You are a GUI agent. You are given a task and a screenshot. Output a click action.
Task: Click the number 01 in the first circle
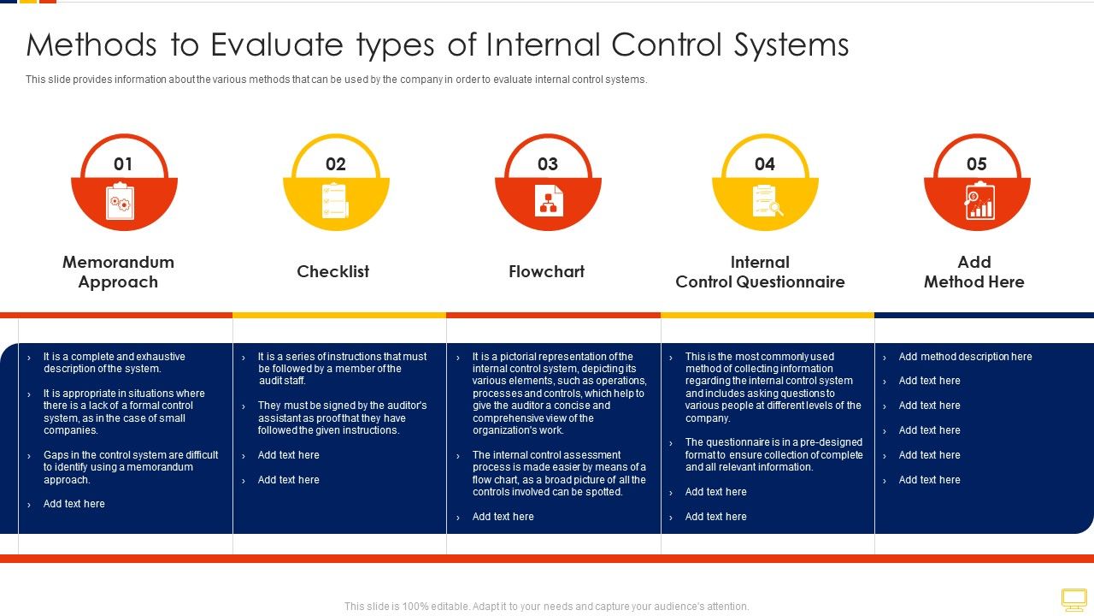[x=123, y=164]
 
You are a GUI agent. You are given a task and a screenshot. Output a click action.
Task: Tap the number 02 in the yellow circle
[x=336, y=164]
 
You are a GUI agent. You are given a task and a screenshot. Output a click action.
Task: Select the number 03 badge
[x=548, y=164]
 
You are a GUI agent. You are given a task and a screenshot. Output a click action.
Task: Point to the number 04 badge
[x=765, y=164]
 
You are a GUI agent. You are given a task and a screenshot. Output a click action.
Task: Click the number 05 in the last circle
[x=977, y=164]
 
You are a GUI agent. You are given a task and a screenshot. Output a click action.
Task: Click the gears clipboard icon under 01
[x=119, y=203]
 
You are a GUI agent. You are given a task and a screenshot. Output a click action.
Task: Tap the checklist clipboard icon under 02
[x=333, y=200]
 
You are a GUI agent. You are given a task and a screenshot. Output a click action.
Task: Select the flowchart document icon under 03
[x=549, y=201]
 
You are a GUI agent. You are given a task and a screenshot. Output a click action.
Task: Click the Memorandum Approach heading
[x=118, y=272]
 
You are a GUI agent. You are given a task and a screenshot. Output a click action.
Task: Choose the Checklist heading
[x=333, y=272]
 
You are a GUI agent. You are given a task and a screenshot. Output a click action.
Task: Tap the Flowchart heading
[x=547, y=272]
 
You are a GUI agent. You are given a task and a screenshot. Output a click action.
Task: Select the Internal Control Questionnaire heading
[x=760, y=272]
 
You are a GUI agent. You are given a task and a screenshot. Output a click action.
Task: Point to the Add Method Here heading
[x=973, y=272]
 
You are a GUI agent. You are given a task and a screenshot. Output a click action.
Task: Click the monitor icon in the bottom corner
[x=1073, y=599]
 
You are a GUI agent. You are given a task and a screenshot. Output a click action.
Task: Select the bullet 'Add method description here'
[x=965, y=357]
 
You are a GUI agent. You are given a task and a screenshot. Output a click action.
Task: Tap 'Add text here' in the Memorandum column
[x=74, y=504]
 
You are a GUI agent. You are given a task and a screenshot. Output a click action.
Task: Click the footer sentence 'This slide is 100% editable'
[x=547, y=607]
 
